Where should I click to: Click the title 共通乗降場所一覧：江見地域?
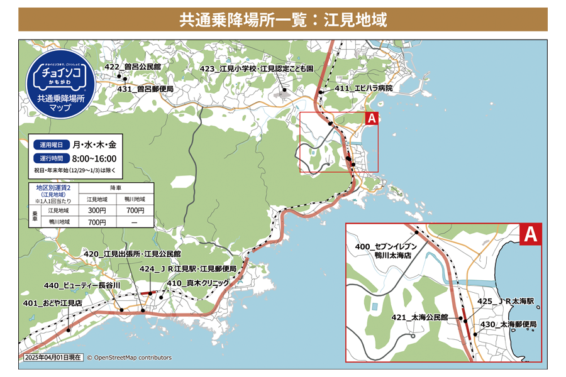(x=283, y=19)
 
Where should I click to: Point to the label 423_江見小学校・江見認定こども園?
(x=256, y=68)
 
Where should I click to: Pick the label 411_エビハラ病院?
(x=363, y=89)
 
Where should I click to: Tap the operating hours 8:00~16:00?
(x=94, y=158)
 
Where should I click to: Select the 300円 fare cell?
(x=97, y=210)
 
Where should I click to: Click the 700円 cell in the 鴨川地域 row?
(x=97, y=222)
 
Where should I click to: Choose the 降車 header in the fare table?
(x=116, y=188)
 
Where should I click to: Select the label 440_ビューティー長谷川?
(x=82, y=285)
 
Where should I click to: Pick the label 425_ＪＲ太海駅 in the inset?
(x=506, y=302)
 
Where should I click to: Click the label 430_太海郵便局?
(x=508, y=324)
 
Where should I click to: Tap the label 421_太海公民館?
(x=419, y=318)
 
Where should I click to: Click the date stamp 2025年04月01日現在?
(x=53, y=358)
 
